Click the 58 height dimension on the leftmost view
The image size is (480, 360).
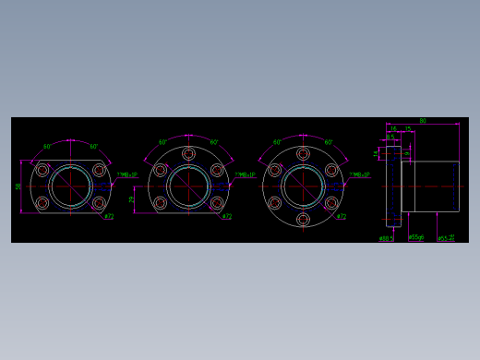[x=18, y=186]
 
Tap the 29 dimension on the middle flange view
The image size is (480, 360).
[x=132, y=198]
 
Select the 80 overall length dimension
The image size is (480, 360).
[x=423, y=121]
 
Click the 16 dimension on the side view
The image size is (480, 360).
[x=393, y=129]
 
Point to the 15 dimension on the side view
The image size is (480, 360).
[x=408, y=129]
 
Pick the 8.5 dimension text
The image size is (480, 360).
[x=390, y=138]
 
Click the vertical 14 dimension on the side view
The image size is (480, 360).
[x=377, y=152]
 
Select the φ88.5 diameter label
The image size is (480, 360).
[x=386, y=238]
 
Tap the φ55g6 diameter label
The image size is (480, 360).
[x=416, y=237]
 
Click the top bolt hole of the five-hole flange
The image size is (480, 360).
[x=188, y=153]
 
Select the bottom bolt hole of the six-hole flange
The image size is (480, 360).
[x=303, y=219]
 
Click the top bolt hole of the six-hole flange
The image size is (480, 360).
[x=303, y=153]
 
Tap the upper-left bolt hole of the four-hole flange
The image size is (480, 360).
[x=42, y=170]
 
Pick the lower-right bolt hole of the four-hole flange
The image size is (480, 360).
[x=99, y=202]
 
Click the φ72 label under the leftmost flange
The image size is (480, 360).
[x=109, y=217]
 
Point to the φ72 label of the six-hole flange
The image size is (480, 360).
[x=342, y=217]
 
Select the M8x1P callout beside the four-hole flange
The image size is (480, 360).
[x=126, y=174]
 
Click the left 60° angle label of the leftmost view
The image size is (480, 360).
[x=48, y=147]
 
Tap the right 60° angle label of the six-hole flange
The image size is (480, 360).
[x=329, y=142]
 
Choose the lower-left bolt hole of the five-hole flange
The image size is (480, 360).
[x=161, y=202]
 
